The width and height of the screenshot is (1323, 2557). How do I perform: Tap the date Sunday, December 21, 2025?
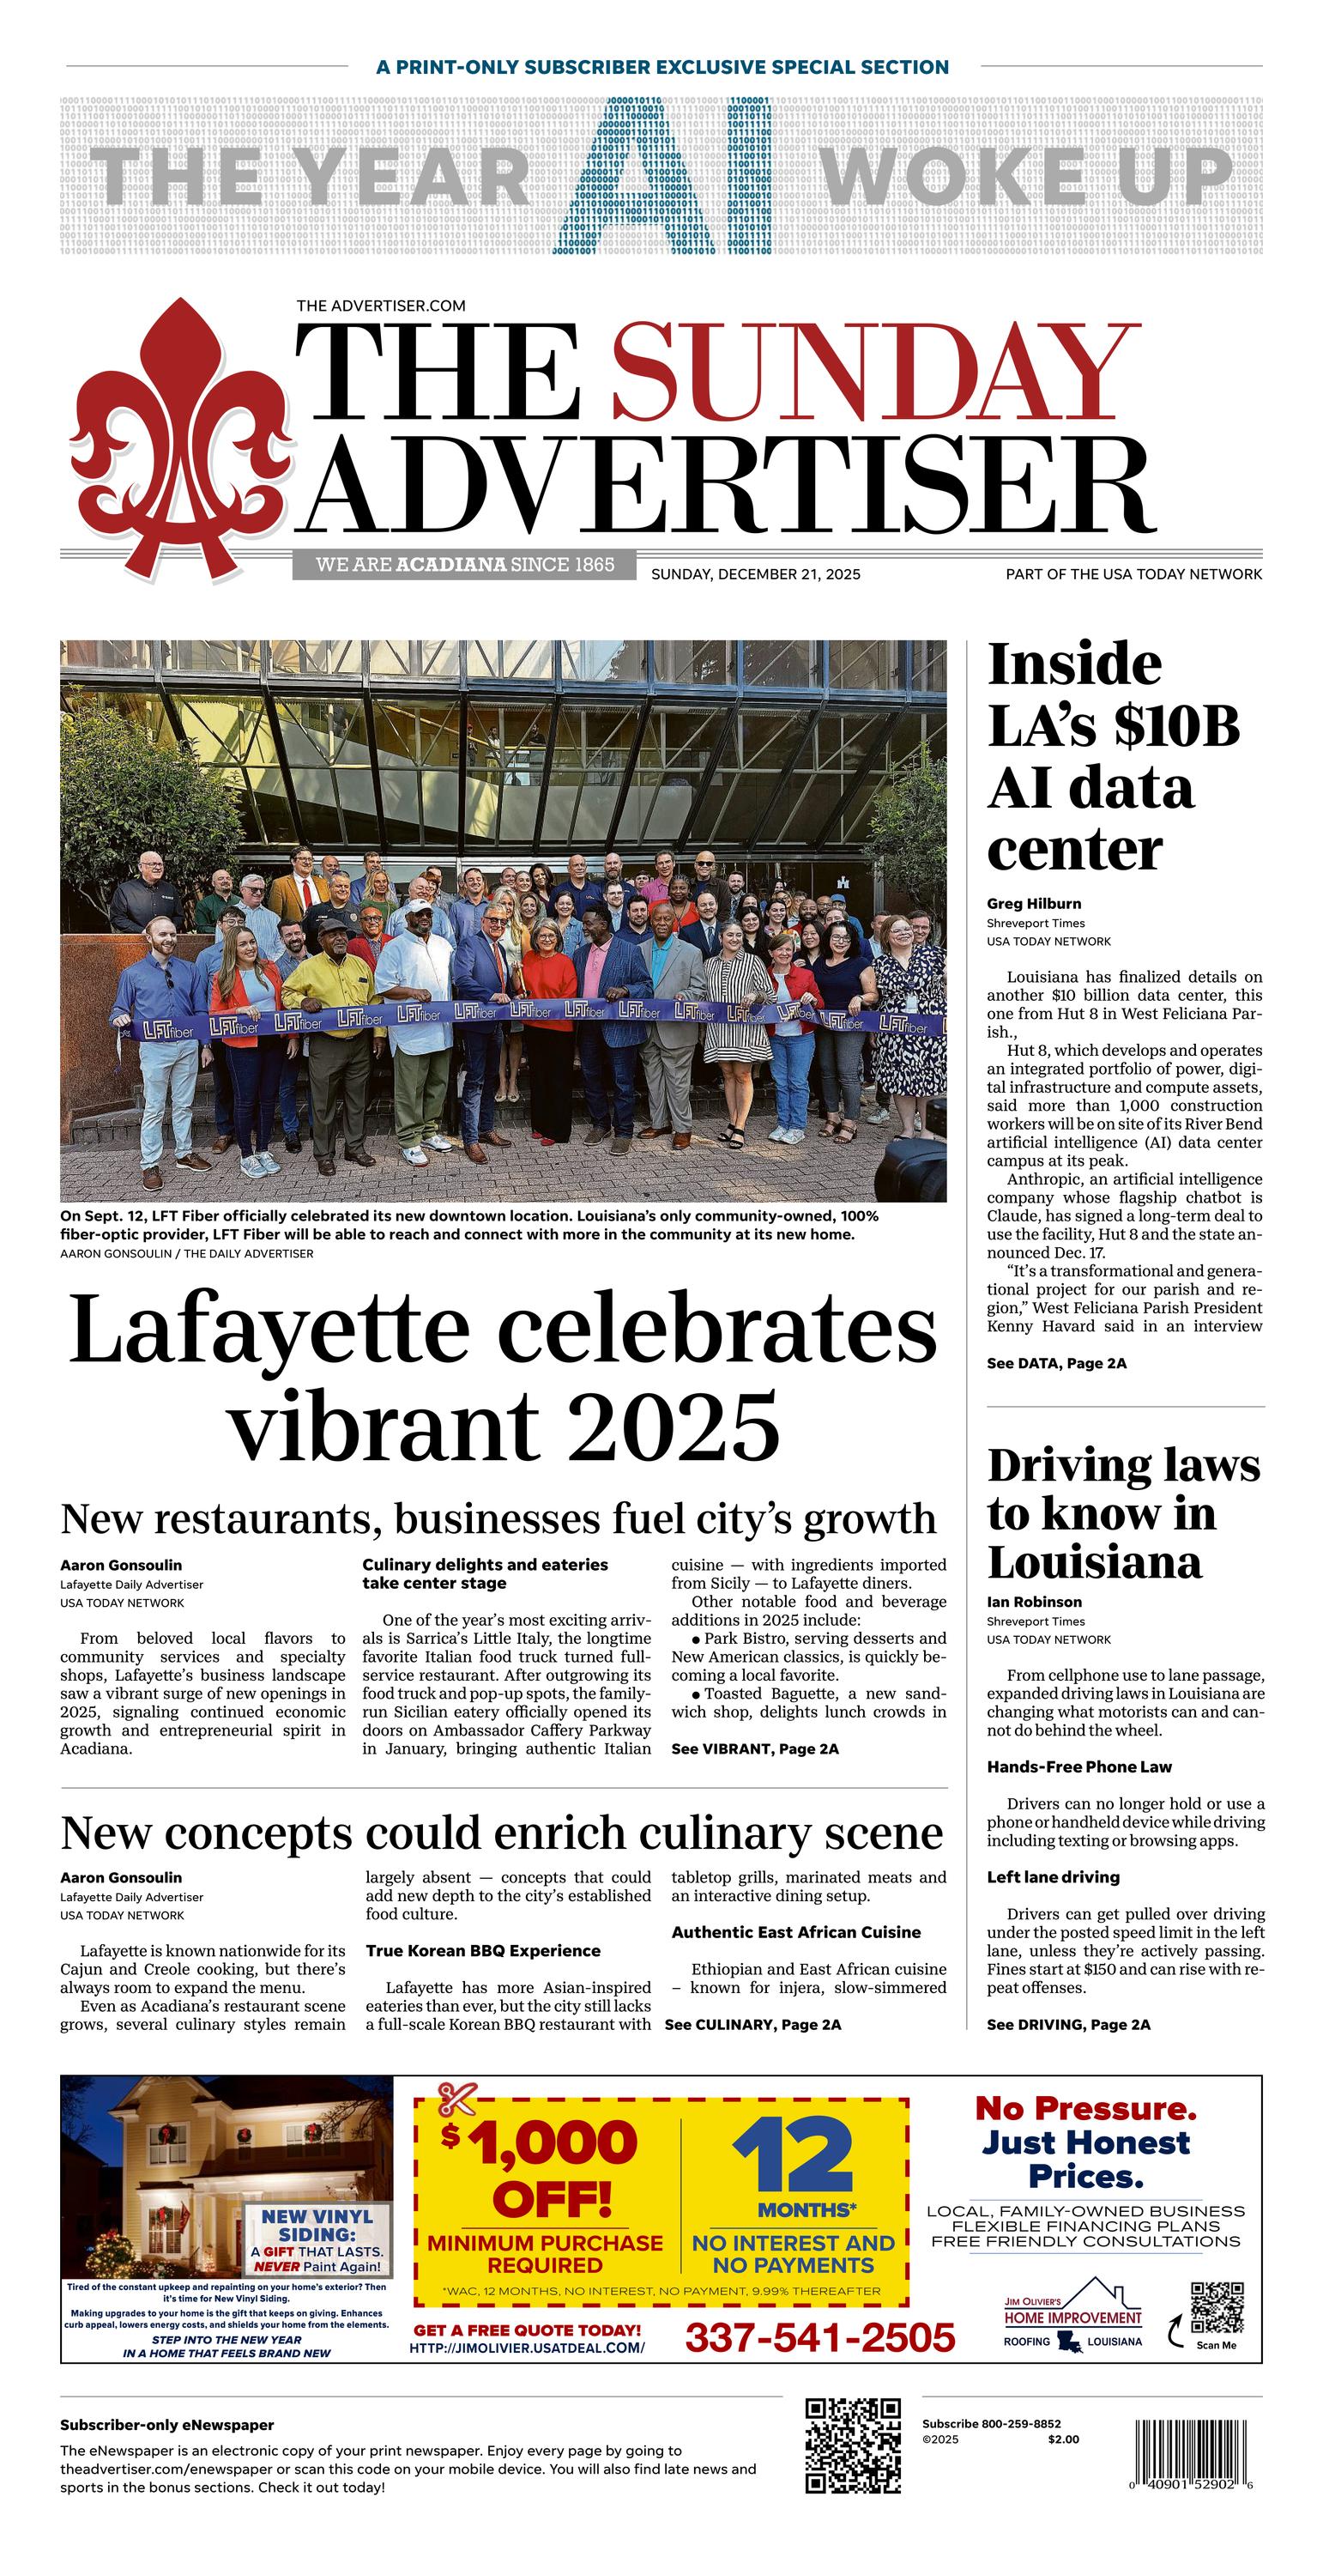coord(755,573)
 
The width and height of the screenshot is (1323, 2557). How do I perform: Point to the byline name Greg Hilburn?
coord(1033,903)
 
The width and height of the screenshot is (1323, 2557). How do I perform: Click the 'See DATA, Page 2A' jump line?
coord(1056,1363)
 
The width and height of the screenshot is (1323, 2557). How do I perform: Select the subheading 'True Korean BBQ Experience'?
coord(482,1950)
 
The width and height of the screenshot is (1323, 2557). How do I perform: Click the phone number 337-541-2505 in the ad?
coord(820,2336)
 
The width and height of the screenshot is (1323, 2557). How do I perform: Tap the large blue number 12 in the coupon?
coord(792,2157)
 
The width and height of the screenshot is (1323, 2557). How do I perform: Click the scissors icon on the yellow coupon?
coord(457,2100)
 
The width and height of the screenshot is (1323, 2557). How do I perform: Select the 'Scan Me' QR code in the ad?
coord(1216,2308)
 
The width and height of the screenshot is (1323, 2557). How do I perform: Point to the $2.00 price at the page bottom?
coord(1062,2439)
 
